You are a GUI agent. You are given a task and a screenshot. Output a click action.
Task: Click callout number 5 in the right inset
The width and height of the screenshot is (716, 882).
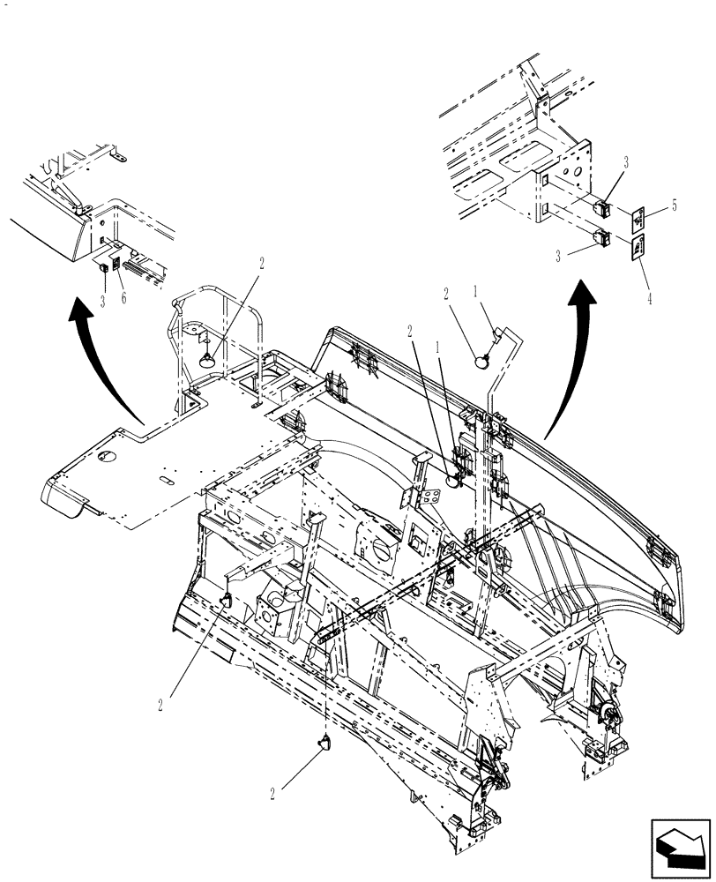(674, 206)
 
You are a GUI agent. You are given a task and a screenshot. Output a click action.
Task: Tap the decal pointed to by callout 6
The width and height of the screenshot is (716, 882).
(116, 263)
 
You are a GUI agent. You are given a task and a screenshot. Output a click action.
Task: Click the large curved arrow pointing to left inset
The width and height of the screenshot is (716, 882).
(106, 353)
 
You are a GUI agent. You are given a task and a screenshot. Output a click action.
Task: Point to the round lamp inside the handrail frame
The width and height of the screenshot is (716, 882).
(210, 358)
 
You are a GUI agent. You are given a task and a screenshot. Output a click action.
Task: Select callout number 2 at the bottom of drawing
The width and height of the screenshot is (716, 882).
(273, 794)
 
